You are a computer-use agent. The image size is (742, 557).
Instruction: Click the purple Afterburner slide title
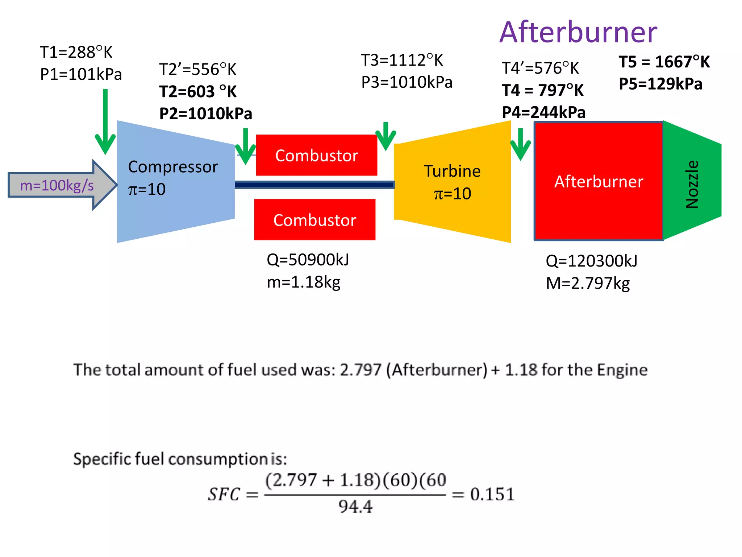(578, 33)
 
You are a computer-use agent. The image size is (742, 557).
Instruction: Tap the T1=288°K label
(76, 53)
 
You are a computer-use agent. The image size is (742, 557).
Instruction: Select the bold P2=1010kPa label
(205, 114)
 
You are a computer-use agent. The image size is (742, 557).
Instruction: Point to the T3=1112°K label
(402, 61)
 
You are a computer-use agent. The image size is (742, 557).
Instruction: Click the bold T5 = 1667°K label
(664, 62)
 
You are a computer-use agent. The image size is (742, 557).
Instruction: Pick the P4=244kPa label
(543, 112)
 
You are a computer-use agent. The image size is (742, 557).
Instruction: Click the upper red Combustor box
(316, 156)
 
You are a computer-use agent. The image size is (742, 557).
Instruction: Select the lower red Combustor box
(314, 220)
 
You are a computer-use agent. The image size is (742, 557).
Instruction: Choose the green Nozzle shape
(692, 181)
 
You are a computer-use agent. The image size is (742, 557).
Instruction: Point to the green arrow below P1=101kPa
(105, 123)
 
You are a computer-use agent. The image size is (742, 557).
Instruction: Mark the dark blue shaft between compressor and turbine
(314, 185)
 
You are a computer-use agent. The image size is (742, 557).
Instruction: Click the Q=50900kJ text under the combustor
(308, 260)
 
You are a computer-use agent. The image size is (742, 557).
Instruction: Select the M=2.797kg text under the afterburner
(588, 284)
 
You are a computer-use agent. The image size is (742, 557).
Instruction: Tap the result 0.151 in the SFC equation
(492, 495)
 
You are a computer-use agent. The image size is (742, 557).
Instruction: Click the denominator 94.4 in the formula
(355, 507)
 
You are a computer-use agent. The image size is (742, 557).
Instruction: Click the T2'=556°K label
(198, 70)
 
